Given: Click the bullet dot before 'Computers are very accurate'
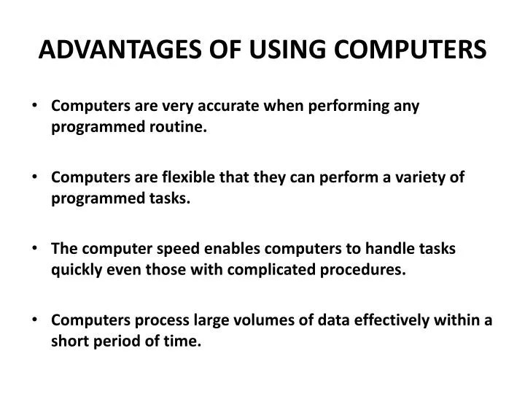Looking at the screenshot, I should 37,107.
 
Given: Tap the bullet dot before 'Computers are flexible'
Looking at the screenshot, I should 37,178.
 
